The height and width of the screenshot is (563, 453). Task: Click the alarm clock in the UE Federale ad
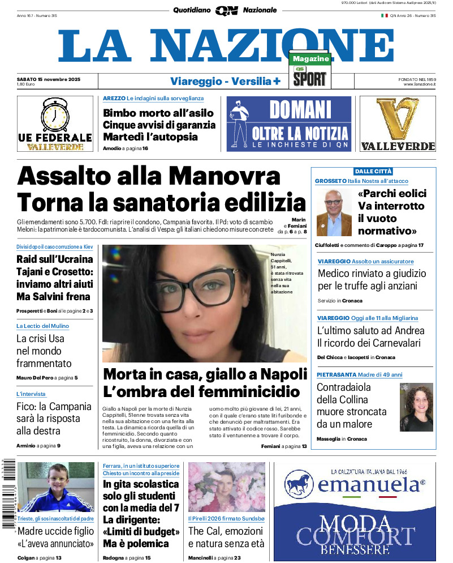point(55,116)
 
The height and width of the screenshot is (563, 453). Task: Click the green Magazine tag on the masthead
point(310,58)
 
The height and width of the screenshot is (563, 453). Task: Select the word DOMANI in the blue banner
point(300,109)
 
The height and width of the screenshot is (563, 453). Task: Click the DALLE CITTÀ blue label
point(373,171)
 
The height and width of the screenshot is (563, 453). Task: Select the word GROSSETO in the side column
point(330,181)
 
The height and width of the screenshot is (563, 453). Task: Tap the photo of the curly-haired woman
point(416,407)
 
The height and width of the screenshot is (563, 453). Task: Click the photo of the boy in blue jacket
point(48,487)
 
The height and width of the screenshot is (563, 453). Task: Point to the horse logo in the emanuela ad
point(299,484)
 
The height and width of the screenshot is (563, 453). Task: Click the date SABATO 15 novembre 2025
point(49,79)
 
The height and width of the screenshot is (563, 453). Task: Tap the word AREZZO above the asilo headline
point(114,99)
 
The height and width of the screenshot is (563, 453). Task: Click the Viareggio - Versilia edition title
point(225,81)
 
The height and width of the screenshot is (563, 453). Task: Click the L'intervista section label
point(31,394)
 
